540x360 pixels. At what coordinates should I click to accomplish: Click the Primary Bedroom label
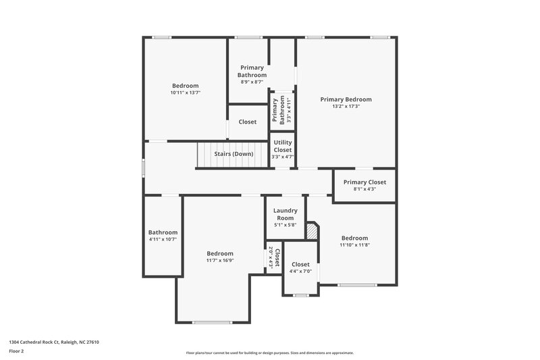point(346,99)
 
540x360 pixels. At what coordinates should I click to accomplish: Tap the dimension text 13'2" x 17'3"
point(346,107)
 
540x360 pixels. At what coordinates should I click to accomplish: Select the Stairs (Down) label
point(234,154)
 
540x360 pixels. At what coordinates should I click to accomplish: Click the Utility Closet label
point(282,146)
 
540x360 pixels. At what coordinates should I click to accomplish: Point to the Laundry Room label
point(285,214)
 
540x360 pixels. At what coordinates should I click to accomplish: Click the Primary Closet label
point(364,182)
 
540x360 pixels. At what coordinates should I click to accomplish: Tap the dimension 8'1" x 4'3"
point(364,189)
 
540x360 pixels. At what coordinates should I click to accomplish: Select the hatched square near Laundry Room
point(312,231)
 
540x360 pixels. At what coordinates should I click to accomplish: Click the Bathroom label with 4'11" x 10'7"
point(163,232)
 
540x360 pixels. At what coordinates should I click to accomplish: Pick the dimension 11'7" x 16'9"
point(220,261)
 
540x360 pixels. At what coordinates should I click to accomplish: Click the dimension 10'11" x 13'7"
point(185,93)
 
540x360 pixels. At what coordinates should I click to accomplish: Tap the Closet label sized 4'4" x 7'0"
point(300,264)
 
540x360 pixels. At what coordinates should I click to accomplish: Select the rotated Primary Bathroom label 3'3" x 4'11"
point(277,111)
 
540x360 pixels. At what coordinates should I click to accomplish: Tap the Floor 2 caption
point(17,352)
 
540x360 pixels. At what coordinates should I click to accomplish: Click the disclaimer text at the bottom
point(269,353)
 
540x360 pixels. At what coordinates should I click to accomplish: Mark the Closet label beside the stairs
point(247,122)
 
